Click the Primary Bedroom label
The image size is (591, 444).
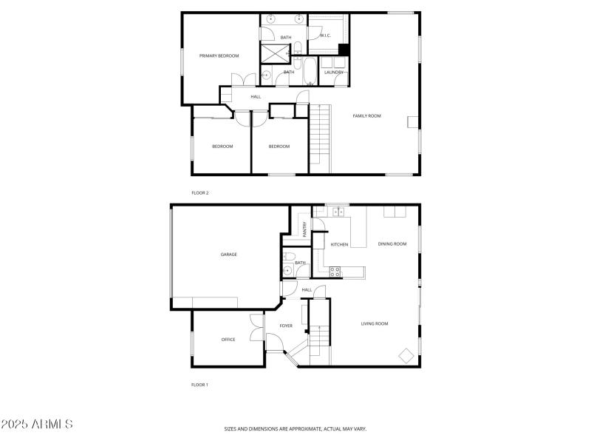tap(219, 55)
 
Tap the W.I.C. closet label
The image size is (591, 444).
tap(324, 36)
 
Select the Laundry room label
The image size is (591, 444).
tap(334, 72)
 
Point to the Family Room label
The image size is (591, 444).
tap(366, 115)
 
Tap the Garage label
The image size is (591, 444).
tap(228, 255)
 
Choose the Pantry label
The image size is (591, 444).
tap(304, 229)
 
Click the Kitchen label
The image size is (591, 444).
tap(339, 244)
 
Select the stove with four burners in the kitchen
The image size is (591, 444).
tap(335, 272)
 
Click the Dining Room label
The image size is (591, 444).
tap(392, 243)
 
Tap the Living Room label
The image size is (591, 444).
tap(375, 323)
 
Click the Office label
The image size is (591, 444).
tap(228, 340)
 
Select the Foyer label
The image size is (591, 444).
tap(286, 326)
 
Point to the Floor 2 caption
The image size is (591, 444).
tap(200, 193)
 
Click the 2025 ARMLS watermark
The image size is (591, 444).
tap(37, 425)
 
